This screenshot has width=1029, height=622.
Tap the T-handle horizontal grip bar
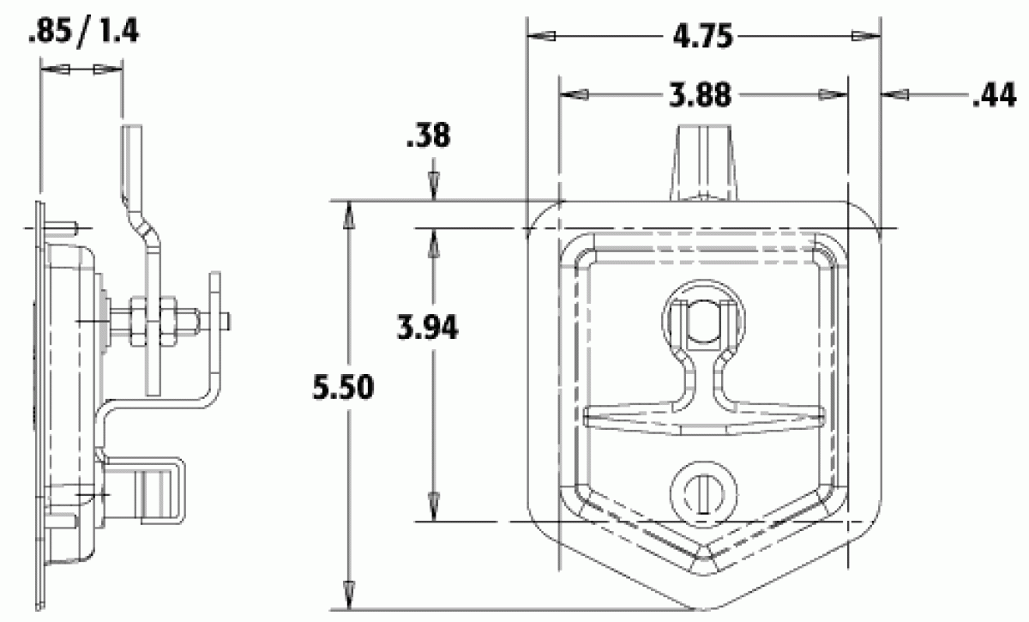click(x=704, y=418)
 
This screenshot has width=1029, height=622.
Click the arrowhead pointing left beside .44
click(x=896, y=97)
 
